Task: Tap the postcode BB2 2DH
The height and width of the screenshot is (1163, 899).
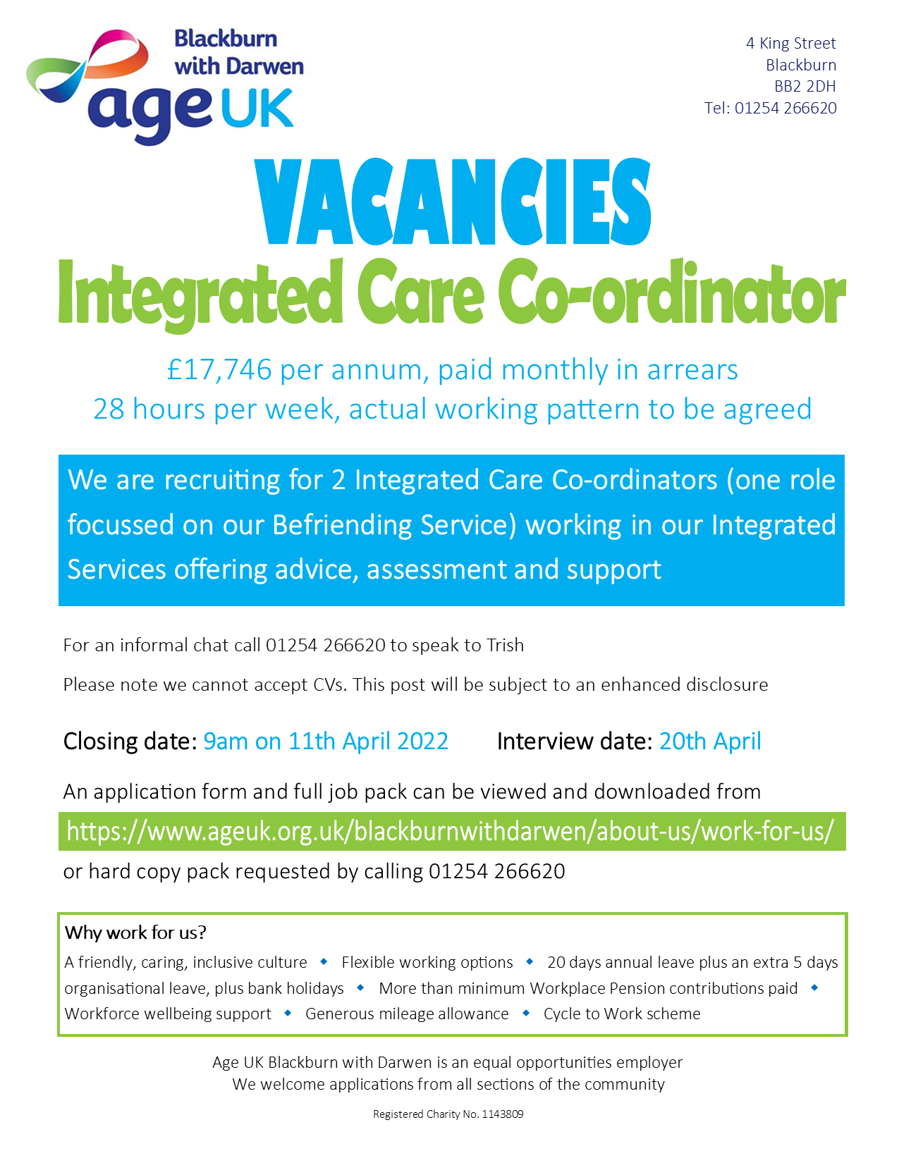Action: coord(805,86)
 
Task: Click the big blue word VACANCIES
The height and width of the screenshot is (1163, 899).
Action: coord(453,202)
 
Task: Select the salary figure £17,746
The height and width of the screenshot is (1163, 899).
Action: coord(219,370)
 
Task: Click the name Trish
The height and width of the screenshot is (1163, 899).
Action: coord(505,645)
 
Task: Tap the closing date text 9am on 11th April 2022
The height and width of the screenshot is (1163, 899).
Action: coord(326,742)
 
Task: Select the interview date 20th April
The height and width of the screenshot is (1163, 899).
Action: coord(710,742)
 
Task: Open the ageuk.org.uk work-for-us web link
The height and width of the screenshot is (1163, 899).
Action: coord(450,832)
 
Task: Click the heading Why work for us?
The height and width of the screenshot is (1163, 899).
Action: coord(135,933)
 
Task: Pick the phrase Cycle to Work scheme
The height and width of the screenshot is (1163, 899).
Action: coord(622,1014)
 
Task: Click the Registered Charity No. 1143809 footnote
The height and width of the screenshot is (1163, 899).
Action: coord(448,1114)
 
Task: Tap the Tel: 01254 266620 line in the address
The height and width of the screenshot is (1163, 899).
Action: coord(770,108)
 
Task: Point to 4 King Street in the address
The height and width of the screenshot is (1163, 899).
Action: coord(791,44)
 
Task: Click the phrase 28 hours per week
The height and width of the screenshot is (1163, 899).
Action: coord(216,410)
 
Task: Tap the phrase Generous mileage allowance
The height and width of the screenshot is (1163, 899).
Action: coord(407,1014)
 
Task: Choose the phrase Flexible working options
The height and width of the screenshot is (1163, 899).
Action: coord(427,962)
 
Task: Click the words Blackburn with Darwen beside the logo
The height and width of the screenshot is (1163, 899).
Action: coord(239,53)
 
